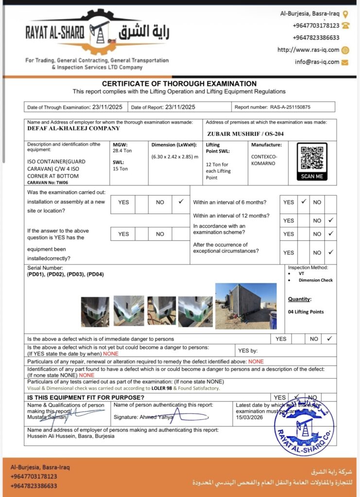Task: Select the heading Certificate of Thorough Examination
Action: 179,83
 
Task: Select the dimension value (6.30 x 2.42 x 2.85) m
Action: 175,156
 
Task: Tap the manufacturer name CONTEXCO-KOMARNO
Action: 265,160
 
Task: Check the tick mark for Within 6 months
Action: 303,201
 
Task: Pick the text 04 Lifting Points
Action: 306,312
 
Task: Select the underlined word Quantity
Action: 299,299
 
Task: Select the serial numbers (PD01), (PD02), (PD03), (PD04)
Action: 65,274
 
